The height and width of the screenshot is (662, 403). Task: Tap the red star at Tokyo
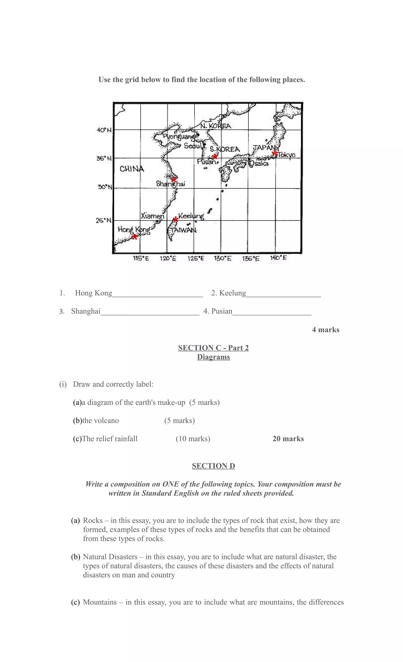click(275, 153)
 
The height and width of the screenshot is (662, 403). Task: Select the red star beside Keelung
click(175, 219)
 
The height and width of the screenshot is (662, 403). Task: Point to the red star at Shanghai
click(174, 179)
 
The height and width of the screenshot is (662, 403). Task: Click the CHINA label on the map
click(132, 169)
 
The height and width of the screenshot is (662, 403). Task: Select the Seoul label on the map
click(192, 146)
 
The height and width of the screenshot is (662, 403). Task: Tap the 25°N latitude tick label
click(104, 221)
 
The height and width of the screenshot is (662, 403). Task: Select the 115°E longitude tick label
click(141, 259)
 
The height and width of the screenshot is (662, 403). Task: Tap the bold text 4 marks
click(326, 330)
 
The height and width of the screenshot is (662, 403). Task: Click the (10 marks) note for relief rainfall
click(193, 439)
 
